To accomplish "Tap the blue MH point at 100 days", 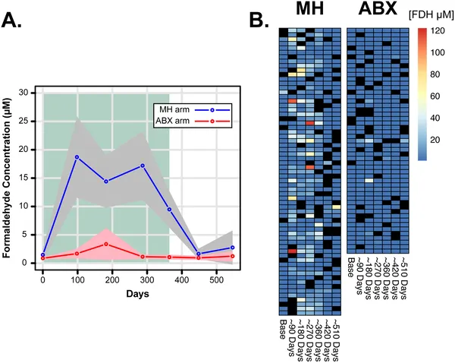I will tap(77, 156).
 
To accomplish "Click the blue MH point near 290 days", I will tap(142, 166).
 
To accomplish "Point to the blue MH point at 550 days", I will tap(232, 248).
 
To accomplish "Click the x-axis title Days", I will tap(137, 294).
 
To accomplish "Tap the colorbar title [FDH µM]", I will tap(431, 15).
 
